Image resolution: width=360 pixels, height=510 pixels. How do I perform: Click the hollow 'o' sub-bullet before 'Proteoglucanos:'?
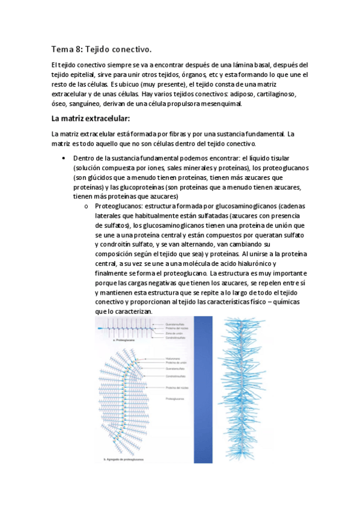pyautogui.click(x=87, y=206)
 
